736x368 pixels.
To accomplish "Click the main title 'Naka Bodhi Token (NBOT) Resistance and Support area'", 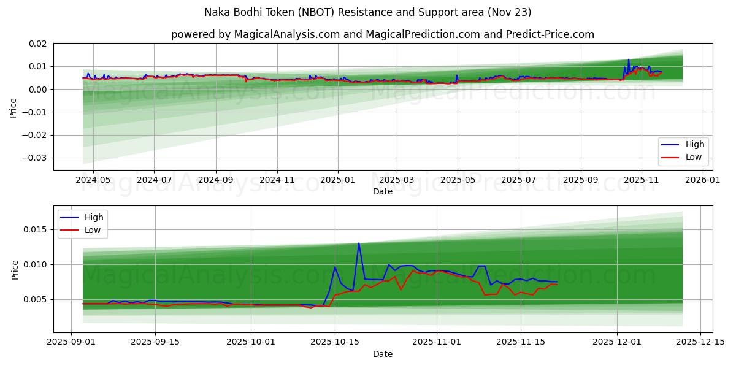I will (x=368, y=12).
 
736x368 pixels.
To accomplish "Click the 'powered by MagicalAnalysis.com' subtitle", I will (x=382, y=34).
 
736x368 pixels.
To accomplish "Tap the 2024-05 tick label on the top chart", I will (x=93, y=180).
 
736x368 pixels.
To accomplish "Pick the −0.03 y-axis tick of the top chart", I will (x=36, y=158).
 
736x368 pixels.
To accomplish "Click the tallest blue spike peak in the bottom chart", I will (x=359, y=243).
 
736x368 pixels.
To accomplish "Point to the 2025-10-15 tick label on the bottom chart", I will (x=335, y=342).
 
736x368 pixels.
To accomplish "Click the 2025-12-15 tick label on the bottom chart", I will (x=700, y=342).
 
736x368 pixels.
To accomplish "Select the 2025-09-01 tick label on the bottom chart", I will (x=71, y=342).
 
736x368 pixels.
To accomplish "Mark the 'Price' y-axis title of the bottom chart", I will (x=15, y=269).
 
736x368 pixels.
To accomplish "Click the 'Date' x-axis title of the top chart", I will (x=383, y=191).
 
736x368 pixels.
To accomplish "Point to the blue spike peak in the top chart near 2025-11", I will (x=629, y=59).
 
